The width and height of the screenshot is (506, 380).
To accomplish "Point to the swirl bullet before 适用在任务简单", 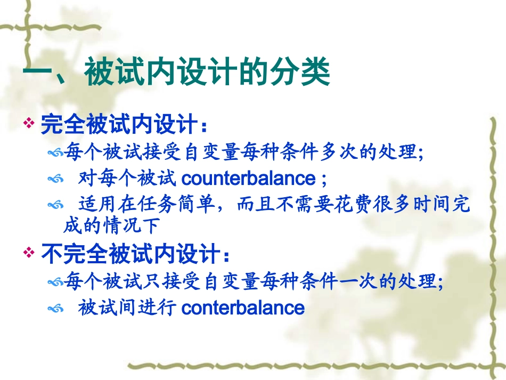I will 55,205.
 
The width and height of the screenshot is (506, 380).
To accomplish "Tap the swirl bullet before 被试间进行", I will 55,309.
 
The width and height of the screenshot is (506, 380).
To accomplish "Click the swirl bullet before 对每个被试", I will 55,179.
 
